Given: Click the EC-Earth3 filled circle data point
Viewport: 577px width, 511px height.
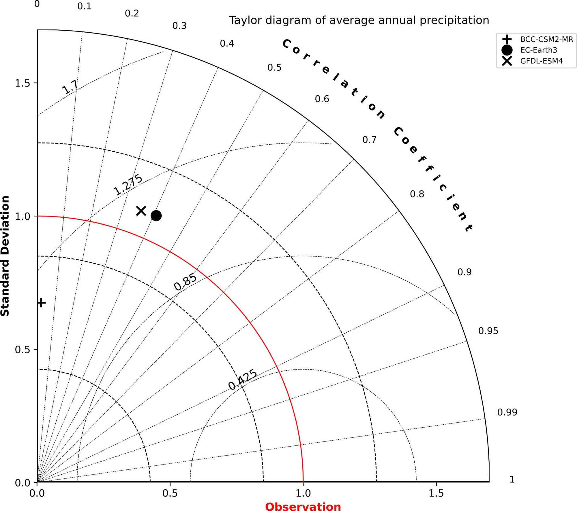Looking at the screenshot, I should (156, 215).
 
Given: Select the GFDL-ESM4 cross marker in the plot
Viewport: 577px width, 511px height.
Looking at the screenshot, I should (141, 211).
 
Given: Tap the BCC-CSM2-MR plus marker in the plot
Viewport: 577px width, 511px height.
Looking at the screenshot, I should (42, 303).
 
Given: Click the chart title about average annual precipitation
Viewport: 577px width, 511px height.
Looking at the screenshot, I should (359, 20).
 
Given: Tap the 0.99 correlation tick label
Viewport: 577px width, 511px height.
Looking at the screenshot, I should (507, 412).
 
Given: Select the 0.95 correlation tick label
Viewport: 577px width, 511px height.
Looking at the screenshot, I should (488, 331).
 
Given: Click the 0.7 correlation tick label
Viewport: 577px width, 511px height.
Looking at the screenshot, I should (369, 140).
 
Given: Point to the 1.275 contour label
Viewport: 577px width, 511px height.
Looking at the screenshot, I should (128, 185).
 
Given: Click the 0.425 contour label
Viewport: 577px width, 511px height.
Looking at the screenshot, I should (242, 379).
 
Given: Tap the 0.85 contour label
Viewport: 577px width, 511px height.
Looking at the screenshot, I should (186, 282).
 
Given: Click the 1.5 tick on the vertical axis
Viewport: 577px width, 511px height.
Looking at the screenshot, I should (22, 83).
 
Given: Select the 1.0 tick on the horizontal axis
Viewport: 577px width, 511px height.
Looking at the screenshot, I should (303, 493).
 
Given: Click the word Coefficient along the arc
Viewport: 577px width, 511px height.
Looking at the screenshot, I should (433, 179).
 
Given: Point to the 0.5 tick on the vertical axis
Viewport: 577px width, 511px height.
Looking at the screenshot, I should (22, 349).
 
